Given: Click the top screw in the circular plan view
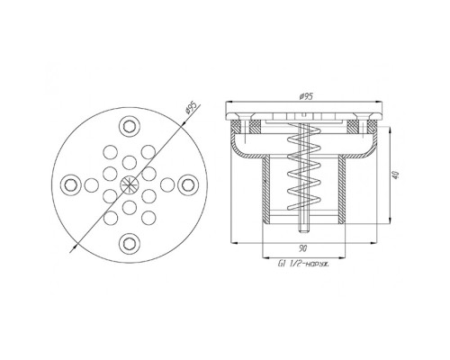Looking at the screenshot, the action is click(x=130, y=126).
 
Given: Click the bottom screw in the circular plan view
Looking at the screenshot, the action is click(x=130, y=243).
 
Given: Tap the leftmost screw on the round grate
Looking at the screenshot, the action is click(x=71, y=184).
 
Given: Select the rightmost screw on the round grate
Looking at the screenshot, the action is click(x=188, y=184).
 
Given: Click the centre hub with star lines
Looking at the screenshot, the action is click(x=130, y=184).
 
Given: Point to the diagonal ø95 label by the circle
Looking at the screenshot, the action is click(x=191, y=108).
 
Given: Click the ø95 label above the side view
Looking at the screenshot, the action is click(x=306, y=96).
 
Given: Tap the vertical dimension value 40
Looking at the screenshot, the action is click(x=396, y=175).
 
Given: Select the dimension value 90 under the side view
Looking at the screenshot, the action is click(x=302, y=248).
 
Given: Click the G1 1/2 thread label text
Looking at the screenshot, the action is click(x=303, y=265).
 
